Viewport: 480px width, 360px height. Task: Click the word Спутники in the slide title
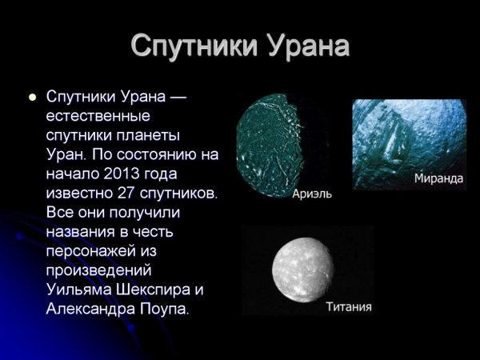click(185, 46)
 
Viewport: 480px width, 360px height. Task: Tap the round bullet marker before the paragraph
click(33, 98)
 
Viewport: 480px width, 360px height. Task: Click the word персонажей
click(92, 250)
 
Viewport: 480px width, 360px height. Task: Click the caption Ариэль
click(312, 194)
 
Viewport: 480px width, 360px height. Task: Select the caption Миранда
click(438, 178)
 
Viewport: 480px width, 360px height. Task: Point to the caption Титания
click(349, 306)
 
